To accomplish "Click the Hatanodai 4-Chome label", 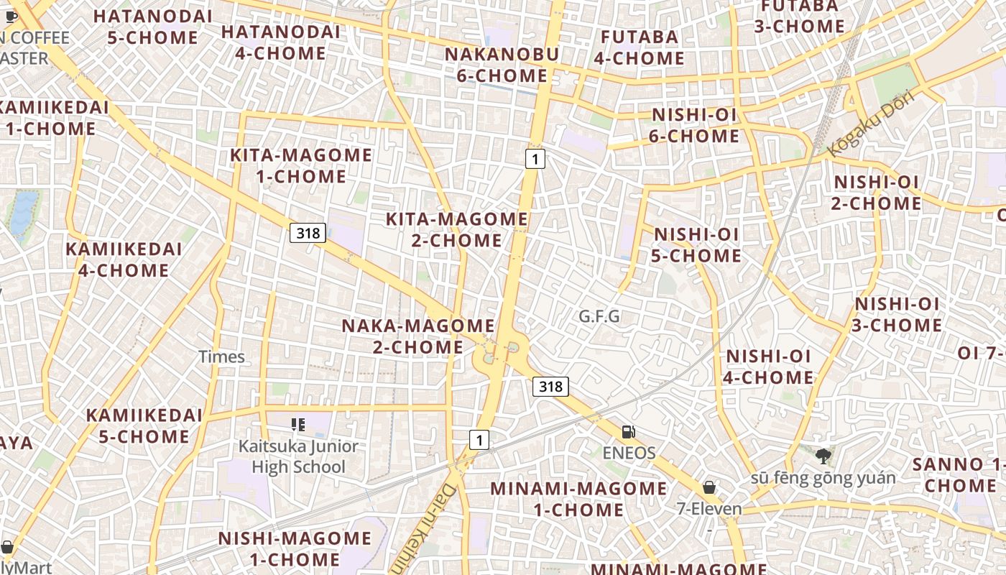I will [281, 42].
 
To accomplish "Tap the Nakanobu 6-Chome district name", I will [501, 65].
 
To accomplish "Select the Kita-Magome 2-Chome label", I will [457, 229].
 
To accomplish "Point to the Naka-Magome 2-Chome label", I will [418, 336].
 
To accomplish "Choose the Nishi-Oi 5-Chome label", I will [696, 245].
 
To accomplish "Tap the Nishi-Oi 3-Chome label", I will [897, 315].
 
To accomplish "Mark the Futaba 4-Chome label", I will [639, 47].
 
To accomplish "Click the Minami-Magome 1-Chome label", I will [578, 499].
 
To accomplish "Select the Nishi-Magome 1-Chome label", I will [295, 548].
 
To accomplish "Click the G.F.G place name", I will [599, 316].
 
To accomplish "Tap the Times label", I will [221, 356].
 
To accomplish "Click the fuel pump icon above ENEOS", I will [629, 432].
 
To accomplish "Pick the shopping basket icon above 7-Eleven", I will [709, 487].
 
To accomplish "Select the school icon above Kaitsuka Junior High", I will [298, 425].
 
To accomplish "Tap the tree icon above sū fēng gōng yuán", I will [823, 456].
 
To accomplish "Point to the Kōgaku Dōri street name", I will [869, 123].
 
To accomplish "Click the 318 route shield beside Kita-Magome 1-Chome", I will [308, 232].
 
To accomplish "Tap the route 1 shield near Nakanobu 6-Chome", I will [535, 158].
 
